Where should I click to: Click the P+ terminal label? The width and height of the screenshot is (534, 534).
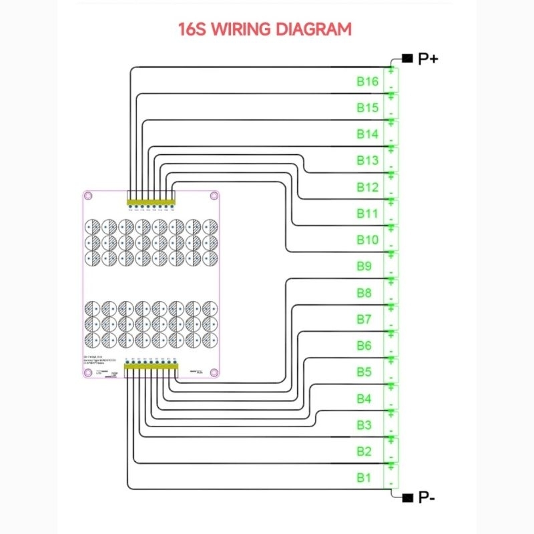[x=428, y=59]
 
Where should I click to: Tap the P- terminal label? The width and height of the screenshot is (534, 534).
[x=427, y=497]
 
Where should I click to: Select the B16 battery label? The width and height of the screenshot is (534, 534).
[x=367, y=81]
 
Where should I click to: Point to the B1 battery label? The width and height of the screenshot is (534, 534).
[x=363, y=477]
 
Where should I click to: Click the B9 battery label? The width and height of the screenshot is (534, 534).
[x=364, y=266]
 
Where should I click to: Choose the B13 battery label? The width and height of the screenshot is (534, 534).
[x=367, y=160]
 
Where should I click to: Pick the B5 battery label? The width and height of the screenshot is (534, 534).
[x=364, y=372]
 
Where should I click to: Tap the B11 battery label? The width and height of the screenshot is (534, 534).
[x=367, y=214]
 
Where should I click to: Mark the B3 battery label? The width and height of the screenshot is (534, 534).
[x=364, y=425]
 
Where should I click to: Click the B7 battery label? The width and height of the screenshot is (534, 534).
[x=364, y=319]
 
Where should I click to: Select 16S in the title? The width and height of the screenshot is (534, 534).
[x=191, y=29]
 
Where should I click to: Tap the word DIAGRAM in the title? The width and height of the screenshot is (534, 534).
[x=314, y=29]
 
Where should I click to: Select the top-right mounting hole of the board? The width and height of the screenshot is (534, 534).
[x=214, y=196]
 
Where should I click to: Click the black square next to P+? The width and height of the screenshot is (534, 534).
[x=405, y=58]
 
